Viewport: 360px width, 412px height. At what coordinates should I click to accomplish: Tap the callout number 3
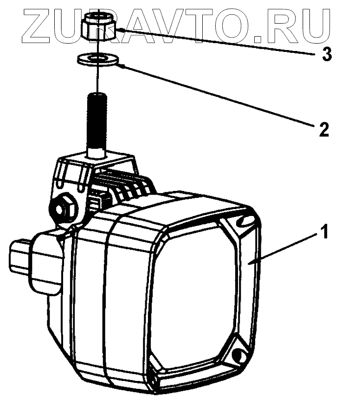click(327, 55)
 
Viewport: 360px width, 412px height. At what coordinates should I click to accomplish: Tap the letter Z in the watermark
click(39, 23)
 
